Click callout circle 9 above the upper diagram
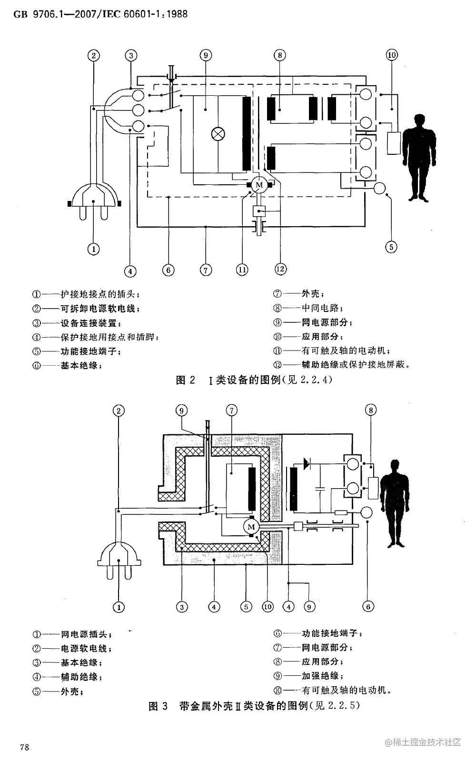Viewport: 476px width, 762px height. pos(206,55)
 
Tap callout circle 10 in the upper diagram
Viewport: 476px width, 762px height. pos(391,55)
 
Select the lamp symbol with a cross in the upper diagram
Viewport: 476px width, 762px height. pos(218,134)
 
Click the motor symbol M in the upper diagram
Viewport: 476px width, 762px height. pos(259,185)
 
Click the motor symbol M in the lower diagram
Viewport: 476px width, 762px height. pos(251,527)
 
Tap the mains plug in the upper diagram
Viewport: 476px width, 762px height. pos(94,201)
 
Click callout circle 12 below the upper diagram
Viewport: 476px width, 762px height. pos(280,270)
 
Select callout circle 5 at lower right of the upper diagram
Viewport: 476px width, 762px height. pos(391,247)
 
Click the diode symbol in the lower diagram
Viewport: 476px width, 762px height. pos(305,462)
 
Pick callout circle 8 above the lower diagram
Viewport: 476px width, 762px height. pos(371,410)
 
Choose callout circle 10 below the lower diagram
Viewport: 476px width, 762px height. pos(268,606)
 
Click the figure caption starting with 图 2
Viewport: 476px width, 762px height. pos(254,380)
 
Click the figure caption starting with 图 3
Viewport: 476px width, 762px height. pos(254,706)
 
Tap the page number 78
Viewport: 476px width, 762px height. pos(25,747)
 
